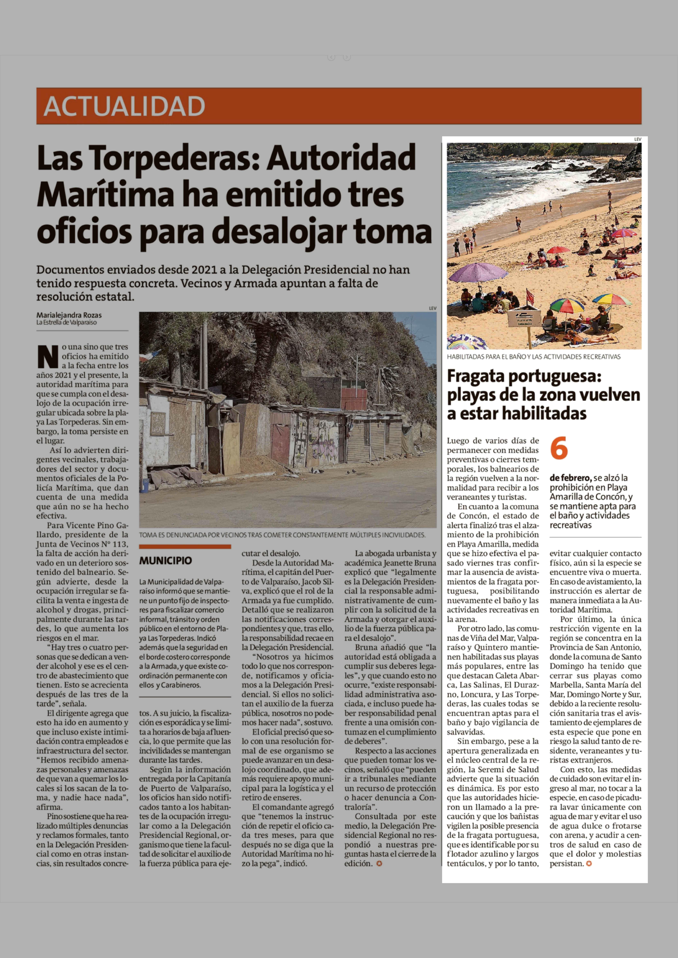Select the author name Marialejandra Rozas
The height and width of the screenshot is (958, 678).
69,315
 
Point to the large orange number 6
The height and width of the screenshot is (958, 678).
559,448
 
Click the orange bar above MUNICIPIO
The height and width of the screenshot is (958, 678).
185,547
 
